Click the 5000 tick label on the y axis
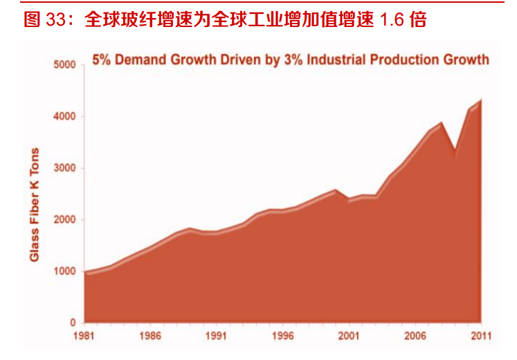tap(64, 64)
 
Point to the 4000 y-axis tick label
tap(64, 116)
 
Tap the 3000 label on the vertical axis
tap(64, 168)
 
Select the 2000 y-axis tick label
tap(64, 219)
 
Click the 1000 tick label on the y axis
tap(64, 271)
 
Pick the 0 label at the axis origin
tap(73, 323)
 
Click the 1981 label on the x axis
tap(84, 336)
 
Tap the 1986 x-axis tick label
tap(150, 336)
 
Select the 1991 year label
tap(217, 336)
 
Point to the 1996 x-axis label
tap(282, 336)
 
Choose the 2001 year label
tap(349, 336)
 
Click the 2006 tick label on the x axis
tap(415, 336)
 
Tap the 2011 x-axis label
tap(481, 336)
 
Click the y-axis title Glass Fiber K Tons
tap(35, 205)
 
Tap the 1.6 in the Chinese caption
tap(392, 19)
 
